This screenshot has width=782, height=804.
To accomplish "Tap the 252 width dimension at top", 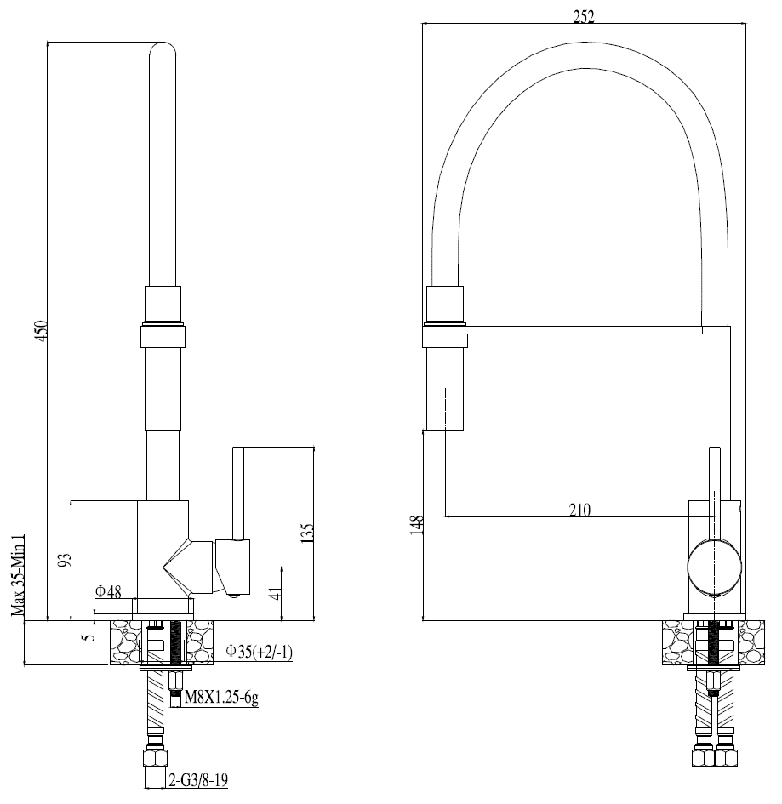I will click(584, 16).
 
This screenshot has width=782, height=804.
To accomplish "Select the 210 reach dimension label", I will click(579, 510).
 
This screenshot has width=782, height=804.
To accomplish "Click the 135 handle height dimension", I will click(307, 532).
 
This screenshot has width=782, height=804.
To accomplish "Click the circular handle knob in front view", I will click(715, 567).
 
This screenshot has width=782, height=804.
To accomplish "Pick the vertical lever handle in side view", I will click(239, 493).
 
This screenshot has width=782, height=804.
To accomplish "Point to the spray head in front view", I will click(445, 383).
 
